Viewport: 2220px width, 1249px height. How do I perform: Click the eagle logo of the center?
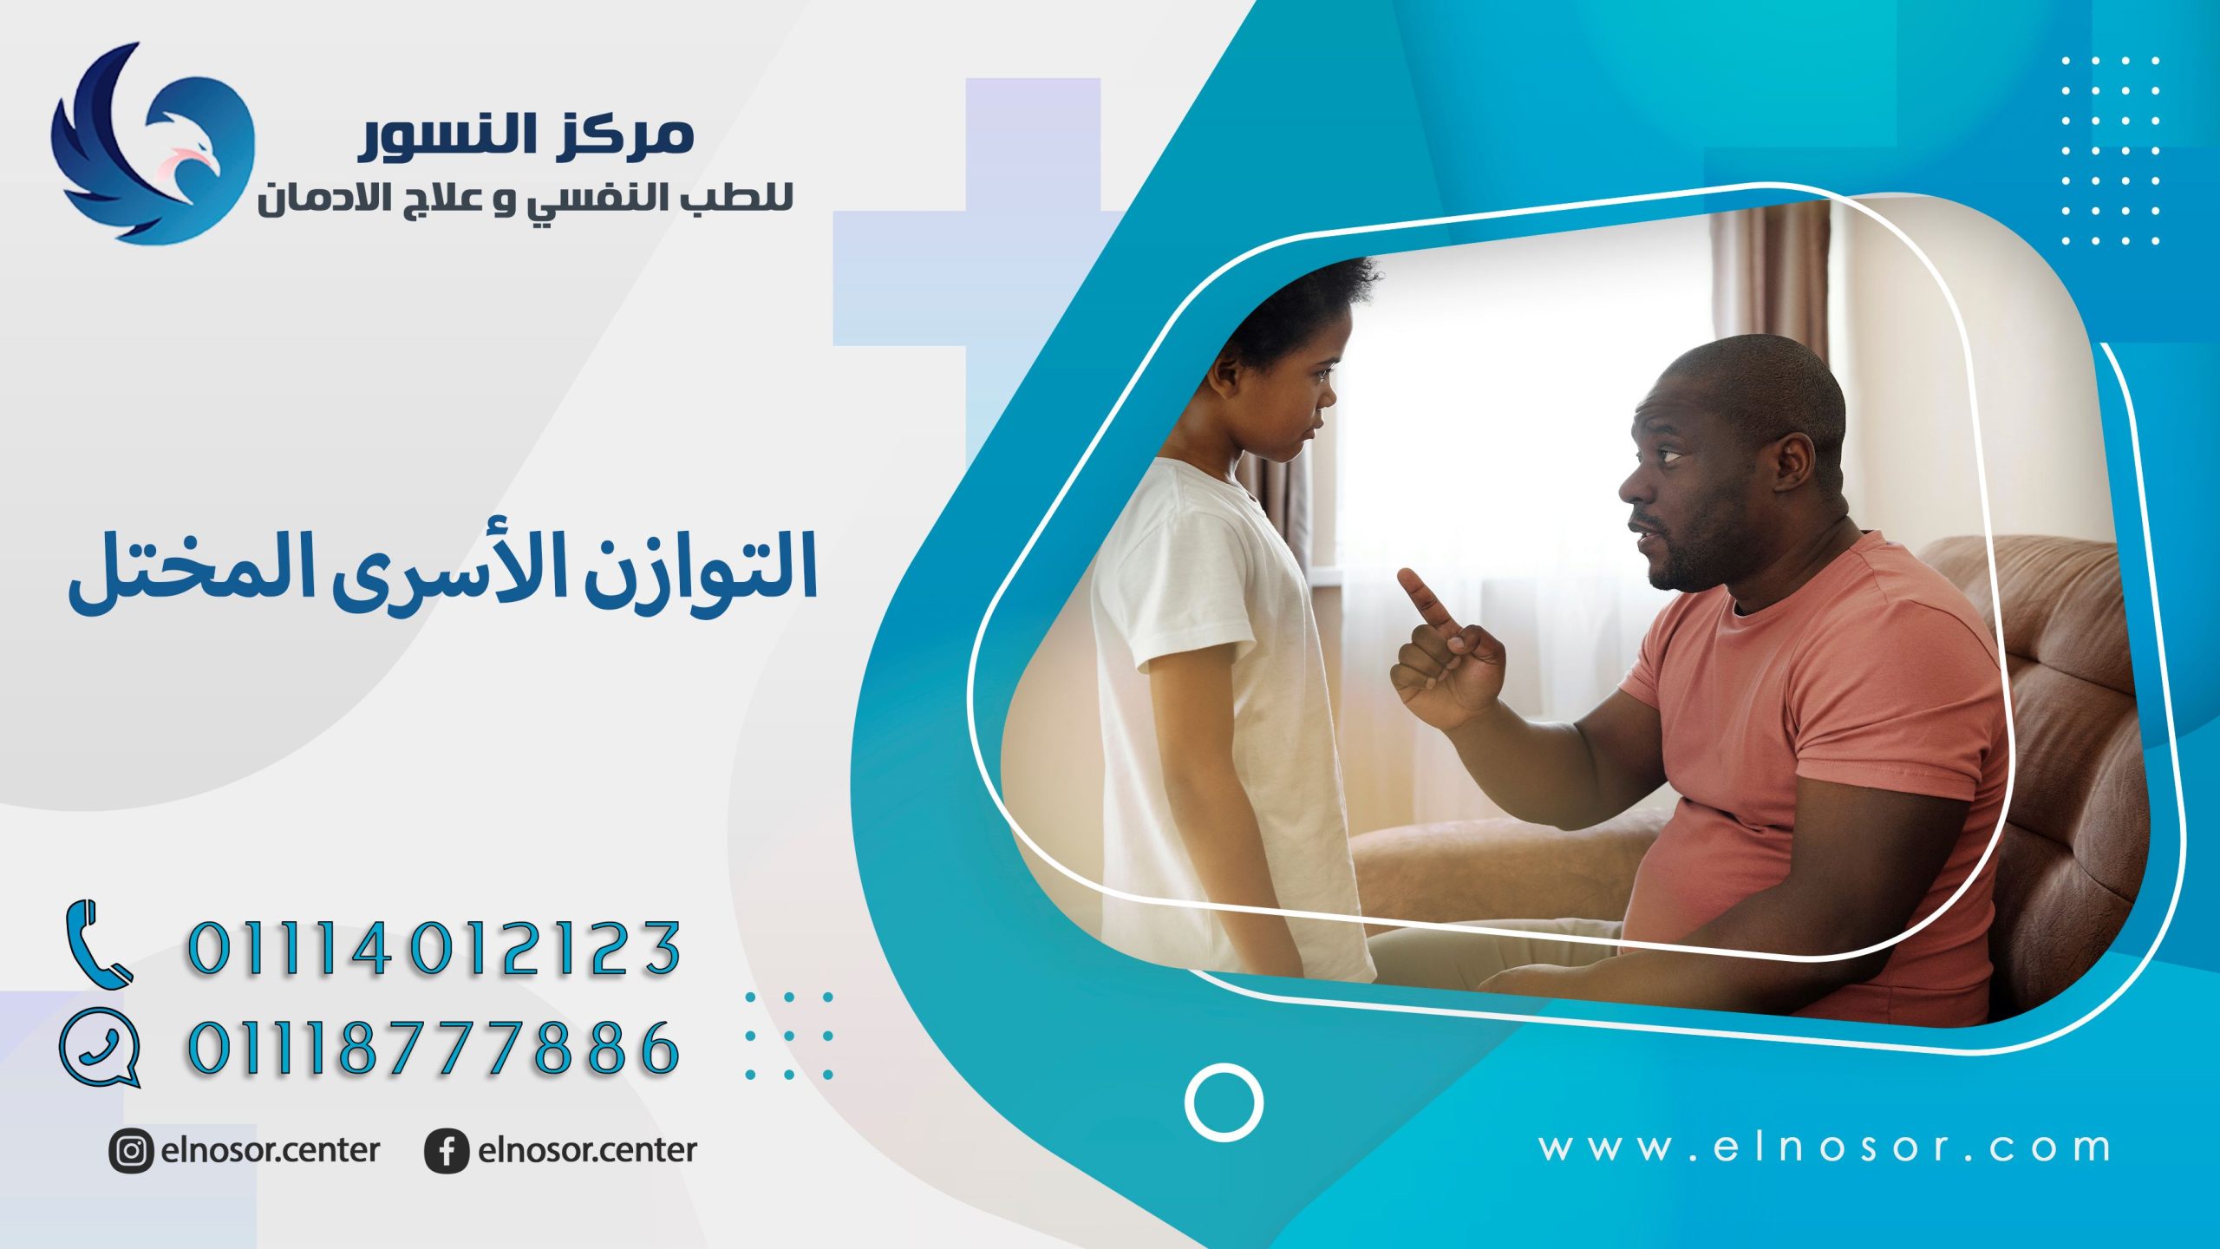[x=153, y=143]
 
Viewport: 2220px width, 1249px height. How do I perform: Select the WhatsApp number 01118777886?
[x=434, y=1047]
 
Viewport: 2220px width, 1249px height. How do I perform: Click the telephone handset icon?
[x=98, y=944]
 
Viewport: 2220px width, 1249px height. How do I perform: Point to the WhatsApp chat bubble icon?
[x=101, y=1048]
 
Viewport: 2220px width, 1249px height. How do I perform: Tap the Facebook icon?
[x=447, y=1152]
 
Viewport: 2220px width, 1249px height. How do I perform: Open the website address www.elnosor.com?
[x=1825, y=1148]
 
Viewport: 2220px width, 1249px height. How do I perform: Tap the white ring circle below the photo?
[x=1224, y=1102]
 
